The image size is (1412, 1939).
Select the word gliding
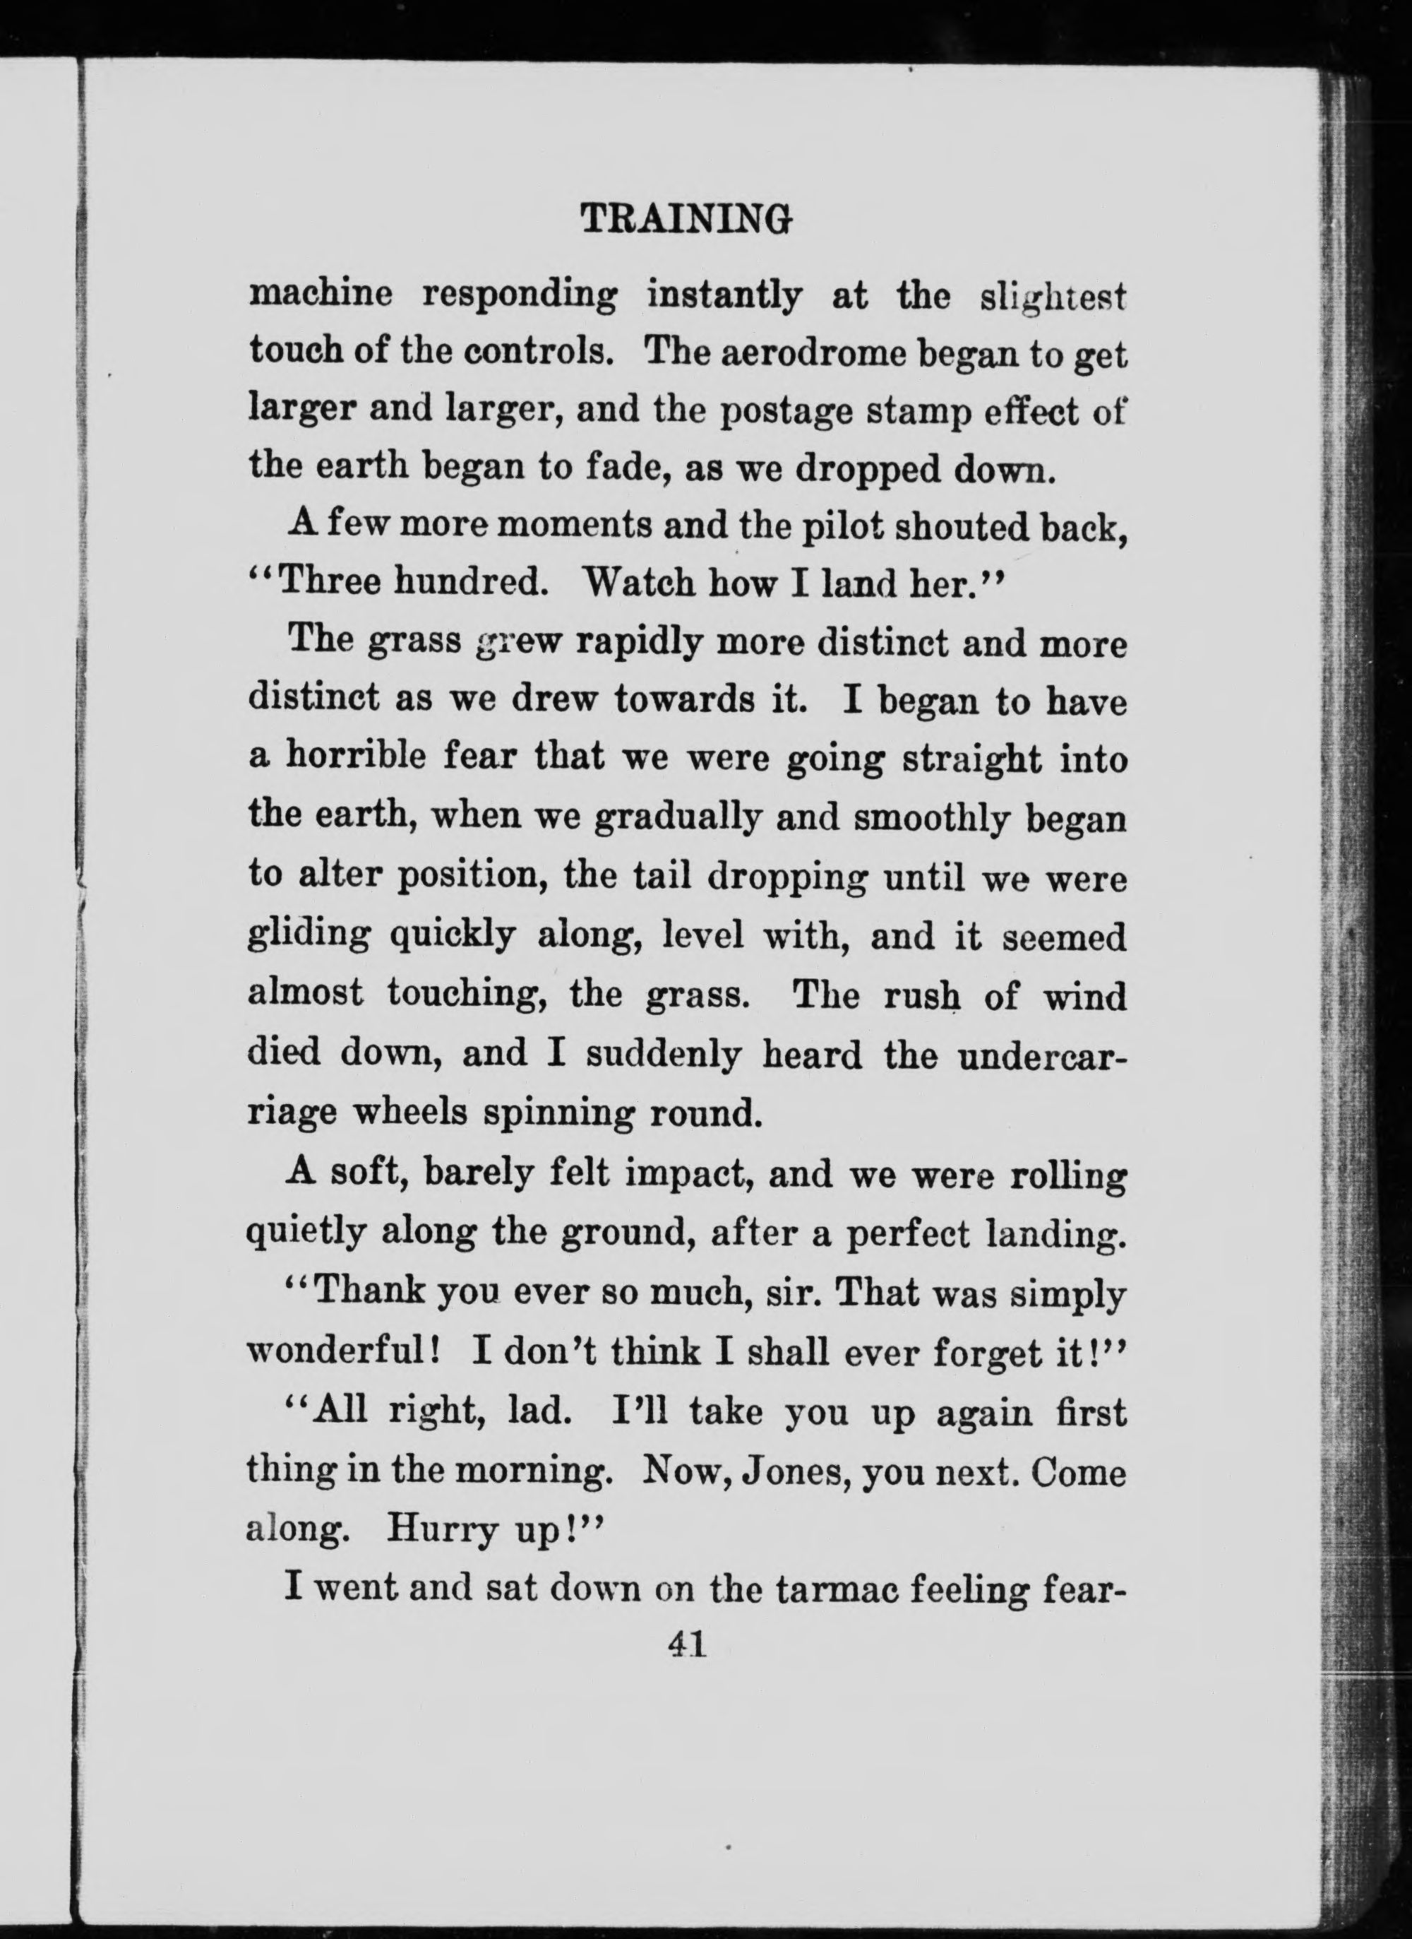[x=309, y=938]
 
